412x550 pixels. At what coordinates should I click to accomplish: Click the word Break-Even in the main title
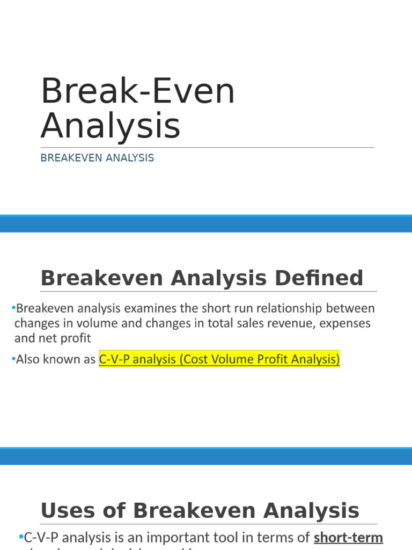click(138, 91)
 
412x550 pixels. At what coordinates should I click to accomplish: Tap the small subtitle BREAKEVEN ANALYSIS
click(97, 158)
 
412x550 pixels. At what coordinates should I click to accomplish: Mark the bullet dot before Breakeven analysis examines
click(12, 308)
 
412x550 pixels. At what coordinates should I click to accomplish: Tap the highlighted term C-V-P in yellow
click(114, 360)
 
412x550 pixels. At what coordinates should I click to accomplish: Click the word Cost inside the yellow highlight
click(196, 360)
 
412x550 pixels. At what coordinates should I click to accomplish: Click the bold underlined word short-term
click(348, 537)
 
